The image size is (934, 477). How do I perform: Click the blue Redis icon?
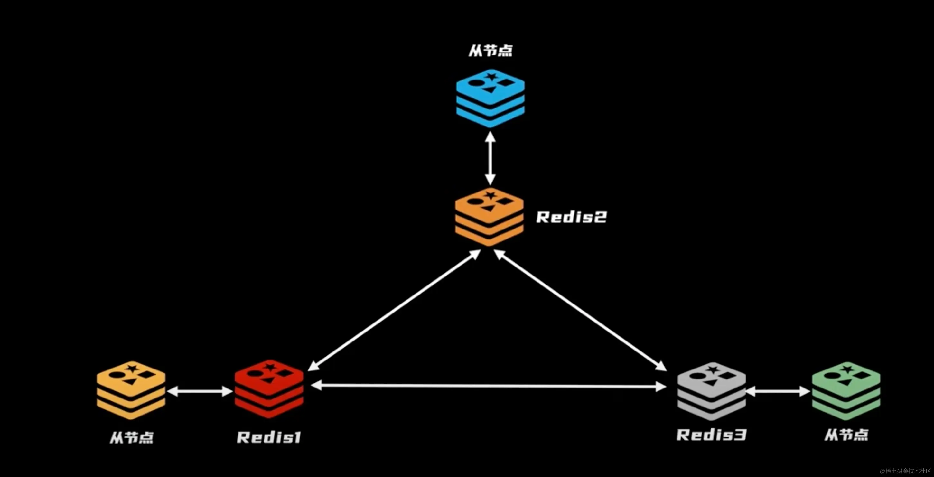[490, 98]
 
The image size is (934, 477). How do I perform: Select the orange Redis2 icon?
[489, 217]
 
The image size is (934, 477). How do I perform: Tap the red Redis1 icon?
[269, 389]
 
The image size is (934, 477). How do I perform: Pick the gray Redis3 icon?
[711, 391]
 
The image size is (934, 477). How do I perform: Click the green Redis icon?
[846, 391]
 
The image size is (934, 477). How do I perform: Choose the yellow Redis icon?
[131, 390]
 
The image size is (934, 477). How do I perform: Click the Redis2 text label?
[571, 217]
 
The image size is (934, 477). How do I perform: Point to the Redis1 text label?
[269, 437]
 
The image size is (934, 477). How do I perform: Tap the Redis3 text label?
[711, 435]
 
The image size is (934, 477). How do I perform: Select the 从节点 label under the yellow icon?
[132, 437]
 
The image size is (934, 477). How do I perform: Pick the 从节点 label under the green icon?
[846, 435]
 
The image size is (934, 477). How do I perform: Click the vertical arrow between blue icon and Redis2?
[490, 158]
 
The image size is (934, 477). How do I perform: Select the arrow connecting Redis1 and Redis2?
[395, 310]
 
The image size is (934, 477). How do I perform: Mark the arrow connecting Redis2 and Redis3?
[580, 310]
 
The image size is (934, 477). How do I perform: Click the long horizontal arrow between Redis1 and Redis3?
[488, 386]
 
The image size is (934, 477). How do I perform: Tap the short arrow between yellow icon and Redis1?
[200, 391]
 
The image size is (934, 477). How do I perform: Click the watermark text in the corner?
[905, 471]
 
